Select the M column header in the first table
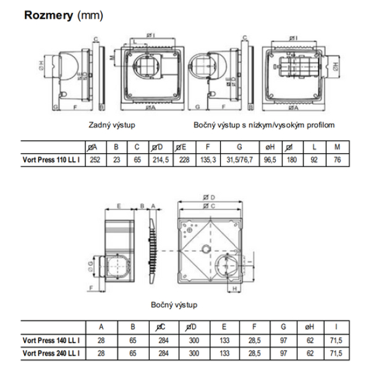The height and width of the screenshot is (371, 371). (336, 148)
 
